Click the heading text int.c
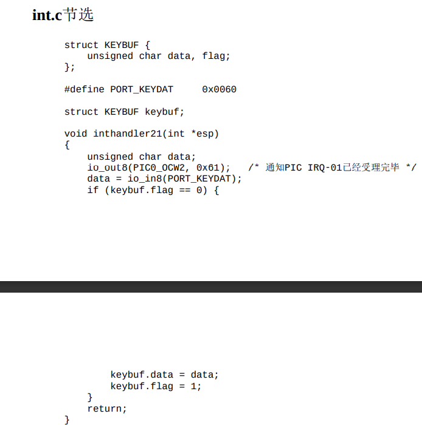[x=47, y=15]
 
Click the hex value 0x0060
[x=219, y=89]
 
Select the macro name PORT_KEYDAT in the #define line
[x=142, y=89]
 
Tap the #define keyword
[x=85, y=89]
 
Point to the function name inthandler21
[x=128, y=134]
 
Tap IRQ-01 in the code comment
[x=325, y=168]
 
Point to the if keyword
[x=92, y=190]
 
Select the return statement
[x=107, y=409]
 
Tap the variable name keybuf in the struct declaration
[x=164, y=112]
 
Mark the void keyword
[x=75, y=134]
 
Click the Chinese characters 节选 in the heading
[x=78, y=15]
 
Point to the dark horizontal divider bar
[x=211, y=287]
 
